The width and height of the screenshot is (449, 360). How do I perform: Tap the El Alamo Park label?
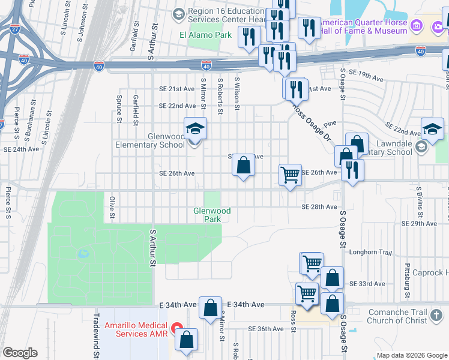pos(205,35)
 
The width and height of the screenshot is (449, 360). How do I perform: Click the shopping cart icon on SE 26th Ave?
pos(290,175)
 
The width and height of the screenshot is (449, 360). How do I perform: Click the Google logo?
pos(20,352)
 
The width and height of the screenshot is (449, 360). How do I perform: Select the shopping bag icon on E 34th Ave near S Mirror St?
pos(211,308)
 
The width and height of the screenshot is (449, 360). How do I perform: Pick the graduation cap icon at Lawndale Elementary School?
pos(432,130)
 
